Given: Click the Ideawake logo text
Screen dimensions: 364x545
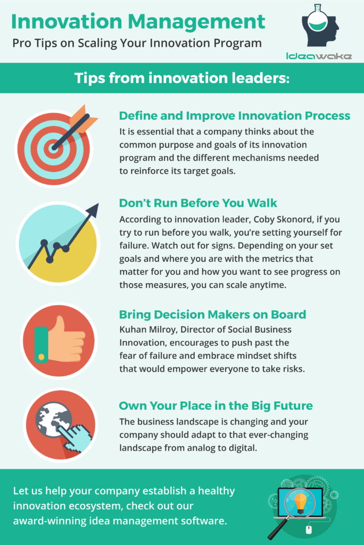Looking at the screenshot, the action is point(319,56).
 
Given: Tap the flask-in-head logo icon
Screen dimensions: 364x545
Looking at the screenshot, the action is point(320,25).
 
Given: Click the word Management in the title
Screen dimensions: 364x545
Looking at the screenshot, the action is point(196,21).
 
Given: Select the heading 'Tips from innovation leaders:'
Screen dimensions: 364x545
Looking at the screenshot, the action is point(182,78).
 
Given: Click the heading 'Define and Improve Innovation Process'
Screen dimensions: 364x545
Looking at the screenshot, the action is point(235,115).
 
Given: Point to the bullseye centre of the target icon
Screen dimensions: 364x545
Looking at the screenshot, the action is point(53,148).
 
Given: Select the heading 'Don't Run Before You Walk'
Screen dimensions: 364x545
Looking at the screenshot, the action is point(198,203).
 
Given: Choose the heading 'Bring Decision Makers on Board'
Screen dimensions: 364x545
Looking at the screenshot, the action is point(212,315).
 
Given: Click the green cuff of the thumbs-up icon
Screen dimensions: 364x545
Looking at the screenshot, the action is point(42,344).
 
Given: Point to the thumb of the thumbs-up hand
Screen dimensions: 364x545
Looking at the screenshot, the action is point(59,325).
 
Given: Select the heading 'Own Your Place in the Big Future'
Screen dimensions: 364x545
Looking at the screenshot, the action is point(216,406).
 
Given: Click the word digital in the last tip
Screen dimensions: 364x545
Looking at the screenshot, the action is point(243,448).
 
